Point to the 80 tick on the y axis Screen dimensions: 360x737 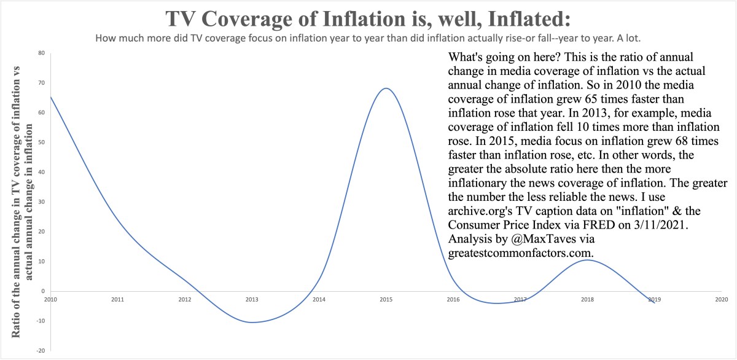tap(41, 53)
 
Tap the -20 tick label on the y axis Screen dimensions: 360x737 tap(41, 351)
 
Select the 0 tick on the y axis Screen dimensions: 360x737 tap(43, 291)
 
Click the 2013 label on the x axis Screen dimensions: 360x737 tap(251, 300)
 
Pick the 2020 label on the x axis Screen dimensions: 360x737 tap(721, 300)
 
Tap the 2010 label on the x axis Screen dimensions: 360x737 tap(50, 300)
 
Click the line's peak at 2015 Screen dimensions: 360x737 tap(385, 88)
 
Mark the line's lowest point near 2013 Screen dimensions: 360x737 tap(251, 323)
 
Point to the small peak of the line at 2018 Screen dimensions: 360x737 tap(587, 260)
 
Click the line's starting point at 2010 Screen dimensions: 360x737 tap(50, 96)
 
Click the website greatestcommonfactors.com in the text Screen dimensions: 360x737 tap(521, 252)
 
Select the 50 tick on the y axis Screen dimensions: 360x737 tap(41, 143)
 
